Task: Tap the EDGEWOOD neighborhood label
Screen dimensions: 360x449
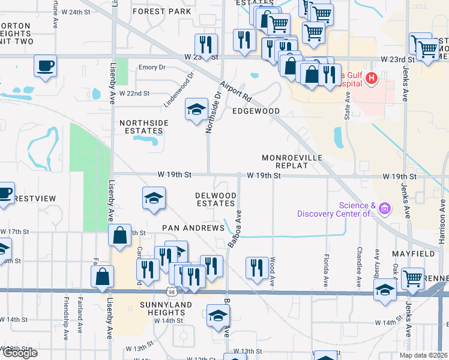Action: pyautogui.click(x=256, y=112)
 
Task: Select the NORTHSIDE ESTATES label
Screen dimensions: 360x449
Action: pyautogui.click(x=143, y=127)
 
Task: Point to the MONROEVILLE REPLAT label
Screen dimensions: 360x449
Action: pyautogui.click(x=292, y=161)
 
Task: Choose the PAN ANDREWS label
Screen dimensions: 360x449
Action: pyautogui.click(x=193, y=228)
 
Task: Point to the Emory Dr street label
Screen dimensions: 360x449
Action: pyautogui.click(x=151, y=68)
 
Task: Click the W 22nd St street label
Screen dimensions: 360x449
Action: pyautogui.click(x=134, y=94)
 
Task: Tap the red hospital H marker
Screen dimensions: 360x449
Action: pyautogui.click(x=372, y=77)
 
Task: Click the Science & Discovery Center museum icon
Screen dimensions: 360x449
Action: pyautogui.click(x=384, y=208)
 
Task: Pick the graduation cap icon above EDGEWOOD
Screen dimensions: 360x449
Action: pyautogui.click(x=196, y=109)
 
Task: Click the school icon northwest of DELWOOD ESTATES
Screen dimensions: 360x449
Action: pyautogui.click(x=154, y=198)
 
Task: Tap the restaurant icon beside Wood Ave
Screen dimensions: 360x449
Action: pyautogui.click(x=257, y=268)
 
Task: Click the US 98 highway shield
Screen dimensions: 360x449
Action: pyautogui.click(x=172, y=292)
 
